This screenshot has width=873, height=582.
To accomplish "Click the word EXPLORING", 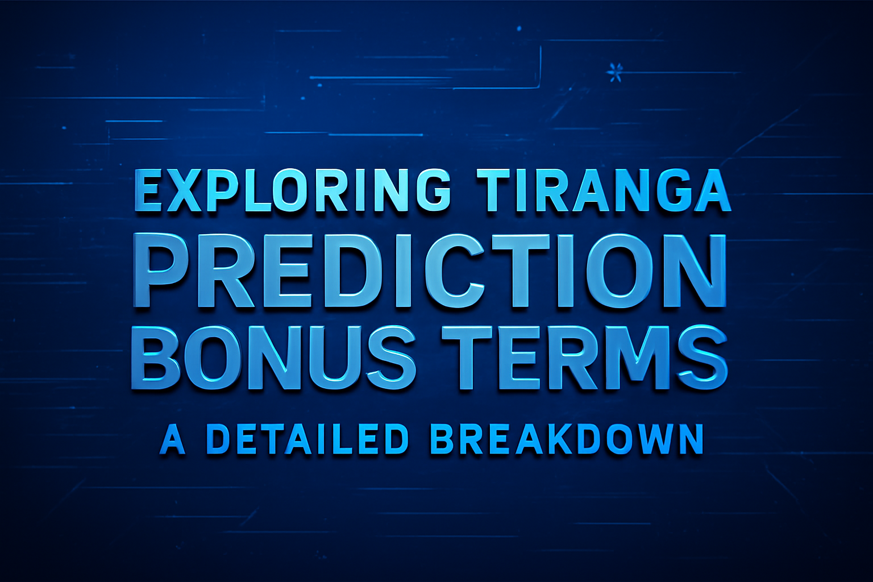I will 292,189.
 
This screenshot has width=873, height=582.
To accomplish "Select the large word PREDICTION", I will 430,271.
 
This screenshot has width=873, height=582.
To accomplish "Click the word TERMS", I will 584,357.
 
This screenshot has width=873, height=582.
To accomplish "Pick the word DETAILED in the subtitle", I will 307,440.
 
